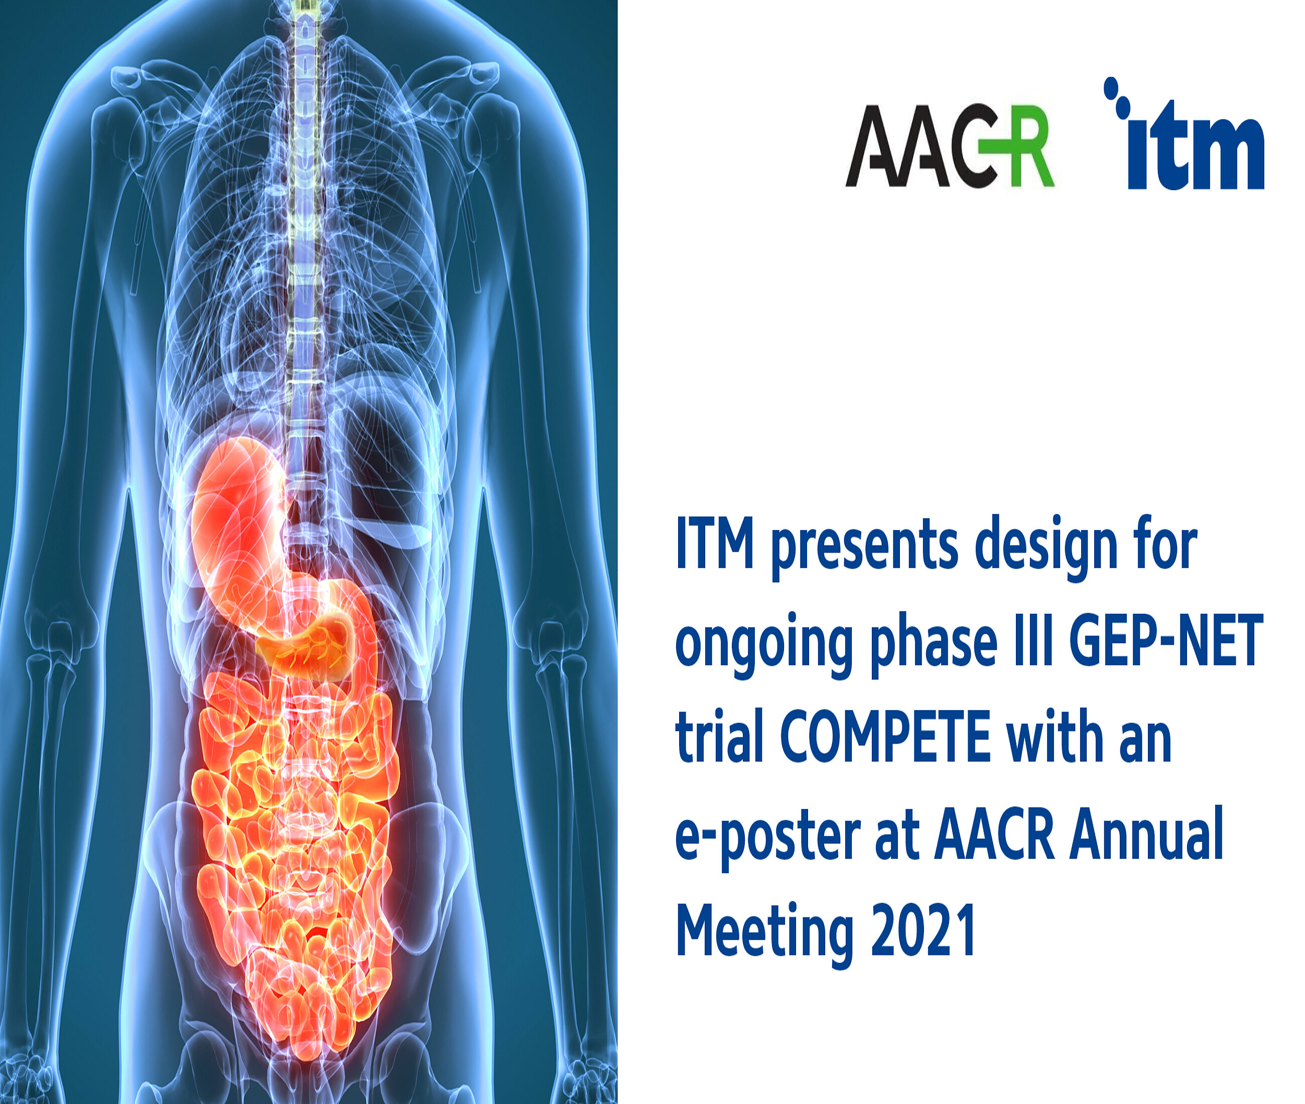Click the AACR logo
tap(950, 146)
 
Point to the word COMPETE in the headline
tap(885, 736)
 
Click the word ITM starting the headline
tap(714, 542)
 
